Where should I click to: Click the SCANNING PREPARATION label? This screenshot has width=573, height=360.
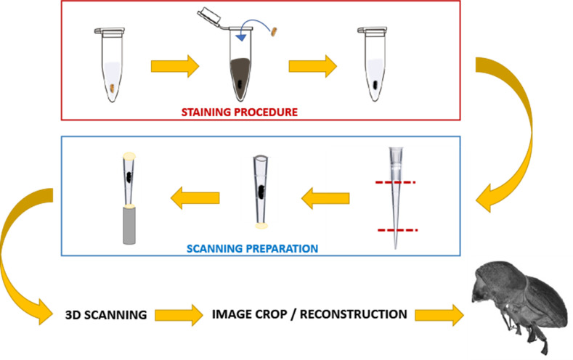click(253, 247)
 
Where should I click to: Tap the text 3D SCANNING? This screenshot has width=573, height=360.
click(105, 316)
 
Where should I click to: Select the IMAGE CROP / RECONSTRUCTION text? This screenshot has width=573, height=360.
click(309, 314)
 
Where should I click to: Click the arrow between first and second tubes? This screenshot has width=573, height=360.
click(174, 66)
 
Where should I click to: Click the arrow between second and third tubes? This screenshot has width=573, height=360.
click(312, 66)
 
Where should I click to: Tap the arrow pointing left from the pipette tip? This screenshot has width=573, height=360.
click(326, 195)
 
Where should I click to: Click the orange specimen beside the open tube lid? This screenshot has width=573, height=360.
click(275, 30)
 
